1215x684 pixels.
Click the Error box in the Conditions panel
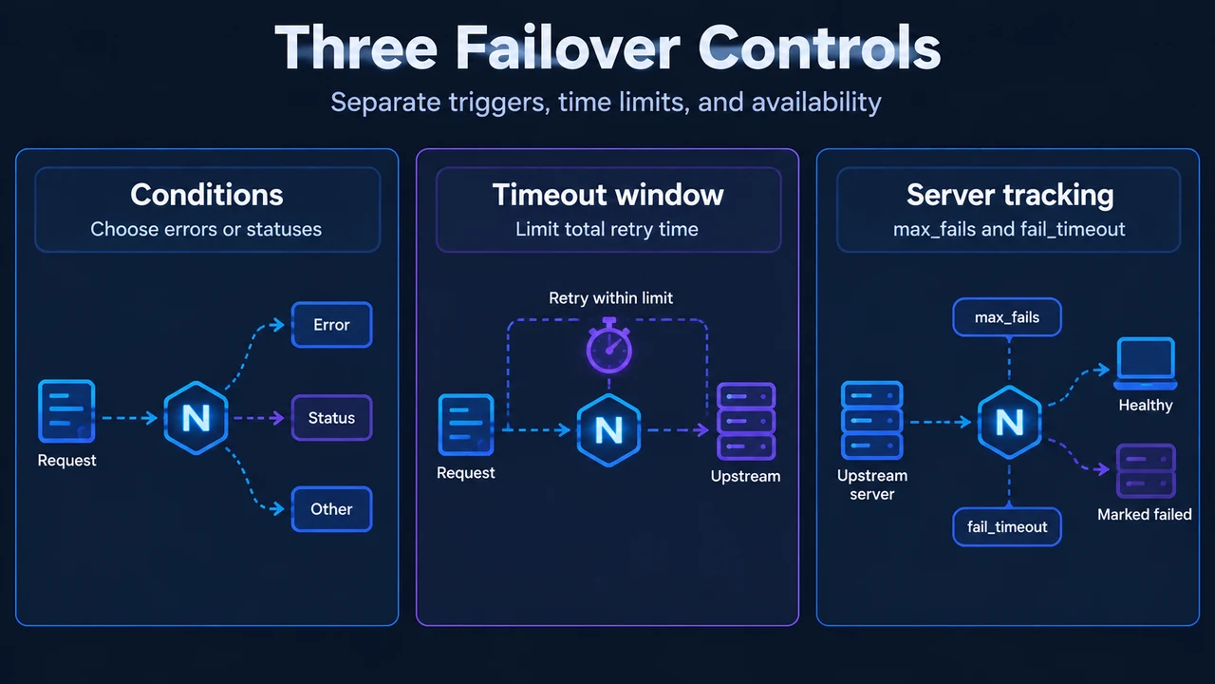pyautogui.click(x=331, y=325)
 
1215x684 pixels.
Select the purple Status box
pyautogui.click(x=331, y=417)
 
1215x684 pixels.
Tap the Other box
pyautogui.click(x=331, y=508)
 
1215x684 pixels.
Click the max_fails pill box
pyautogui.click(x=1007, y=317)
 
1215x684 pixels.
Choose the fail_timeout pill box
pyautogui.click(x=1007, y=526)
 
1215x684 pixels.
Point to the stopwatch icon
pyautogui.click(x=609, y=347)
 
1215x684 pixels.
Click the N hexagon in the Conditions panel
pyautogui.click(x=196, y=418)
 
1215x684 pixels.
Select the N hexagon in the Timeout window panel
pyautogui.click(x=608, y=430)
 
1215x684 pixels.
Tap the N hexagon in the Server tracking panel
pyautogui.click(x=1009, y=422)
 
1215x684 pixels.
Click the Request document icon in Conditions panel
pyautogui.click(x=66, y=411)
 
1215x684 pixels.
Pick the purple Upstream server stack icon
pyautogui.click(x=746, y=421)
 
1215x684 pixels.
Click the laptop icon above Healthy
pyautogui.click(x=1146, y=363)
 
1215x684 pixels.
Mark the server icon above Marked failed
pyautogui.click(x=1146, y=470)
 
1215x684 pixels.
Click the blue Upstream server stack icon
pyautogui.click(x=871, y=420)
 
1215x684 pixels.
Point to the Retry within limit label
pyautogui.click(x=610, y=298)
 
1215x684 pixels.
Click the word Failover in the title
pyautogui.click(x=568, y=47)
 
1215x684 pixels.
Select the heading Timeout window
pyautogui.click(x=608, y=195)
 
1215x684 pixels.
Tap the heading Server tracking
pyautogui.click(x=1010, y=196)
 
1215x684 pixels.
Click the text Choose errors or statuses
pyautogui.click(x=206, y=229)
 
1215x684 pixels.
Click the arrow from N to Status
pyautogui.click(x=259, y=418)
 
